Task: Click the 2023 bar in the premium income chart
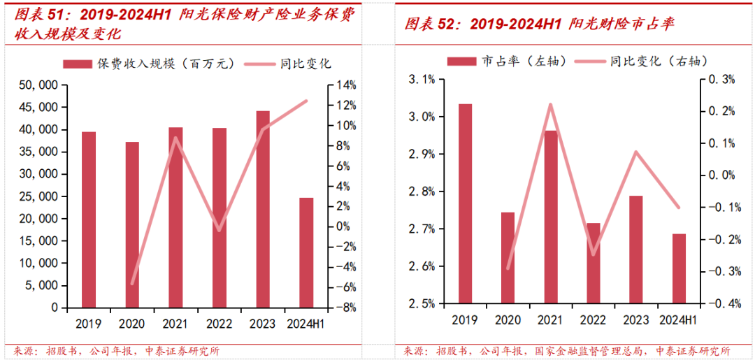pyautogui.click(x=263, y=209)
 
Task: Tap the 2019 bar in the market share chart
pyautogui.click(x=465, y=203)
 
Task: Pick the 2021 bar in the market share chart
pyautogui.click(x=550, y=217)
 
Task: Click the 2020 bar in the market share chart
pyautogui.click(x=508, y=258)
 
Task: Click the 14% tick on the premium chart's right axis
pyautogui.click(x=347, y=85)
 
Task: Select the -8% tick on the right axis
pyautogui.click(x=347, y=308)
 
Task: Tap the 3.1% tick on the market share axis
pyautogui.click(x=421, y=80)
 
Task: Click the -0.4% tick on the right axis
pyautogui.click(x=724, y=303)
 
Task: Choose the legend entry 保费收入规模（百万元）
pyautogui.click(x=150, y=64)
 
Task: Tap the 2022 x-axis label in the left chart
pyautogui.click(x=220, y=324)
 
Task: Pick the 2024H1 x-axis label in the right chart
pyautogui.click(x=678, y=320)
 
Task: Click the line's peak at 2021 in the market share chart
pyautogui.click(x=550, y=105)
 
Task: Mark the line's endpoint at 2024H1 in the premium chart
pyautogui.click(x=306, y=101)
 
